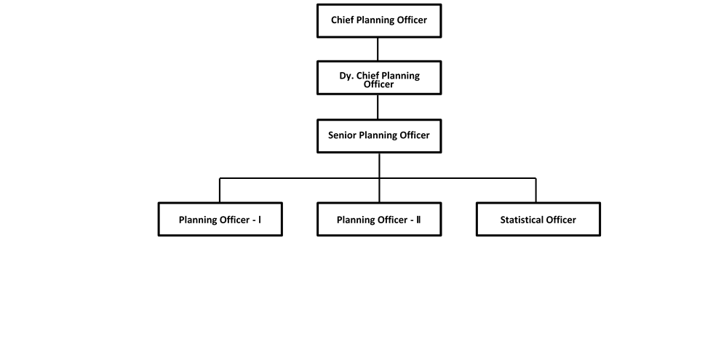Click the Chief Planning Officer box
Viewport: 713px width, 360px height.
coord(379,20)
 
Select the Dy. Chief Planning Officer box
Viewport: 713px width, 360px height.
coord(379,78)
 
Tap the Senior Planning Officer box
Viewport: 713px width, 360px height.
coord(379,136)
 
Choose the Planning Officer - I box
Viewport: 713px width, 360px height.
coord(220,219)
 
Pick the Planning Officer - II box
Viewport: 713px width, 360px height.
coord(379,219)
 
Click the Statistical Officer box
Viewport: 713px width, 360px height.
coord(538,219)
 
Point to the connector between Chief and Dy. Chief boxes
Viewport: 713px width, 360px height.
coord(378,49)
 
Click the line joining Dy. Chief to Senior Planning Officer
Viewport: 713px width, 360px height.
coord(378,107)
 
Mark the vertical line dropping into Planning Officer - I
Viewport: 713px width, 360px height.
coord(220,190)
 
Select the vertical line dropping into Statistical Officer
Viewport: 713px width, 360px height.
coord(535,190)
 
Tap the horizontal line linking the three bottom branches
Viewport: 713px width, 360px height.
coord(378,178)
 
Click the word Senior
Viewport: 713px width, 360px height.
coord(343,135)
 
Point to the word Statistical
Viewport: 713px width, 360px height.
coord(522,220)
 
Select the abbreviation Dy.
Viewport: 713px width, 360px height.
coord(346,76)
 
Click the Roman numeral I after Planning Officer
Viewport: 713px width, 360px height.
coord(260,220)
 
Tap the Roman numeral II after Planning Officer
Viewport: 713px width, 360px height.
coord(418,220)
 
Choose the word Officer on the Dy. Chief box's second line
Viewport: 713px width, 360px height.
coord(379,84)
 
